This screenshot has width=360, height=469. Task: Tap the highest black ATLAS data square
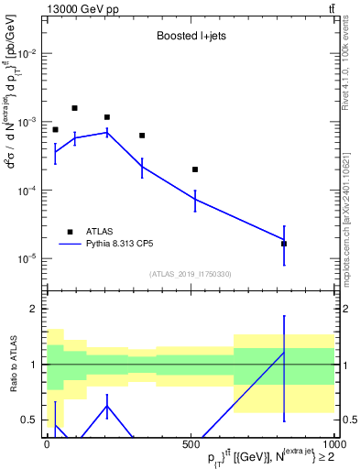click(74, 108)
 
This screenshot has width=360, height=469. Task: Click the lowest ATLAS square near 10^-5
click(284, 244)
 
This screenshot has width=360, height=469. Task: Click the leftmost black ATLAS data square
click(55, 130)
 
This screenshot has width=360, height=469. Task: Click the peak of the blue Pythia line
click(107, 132)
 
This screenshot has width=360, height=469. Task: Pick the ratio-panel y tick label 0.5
click(29, 420)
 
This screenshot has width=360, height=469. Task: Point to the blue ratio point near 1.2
click(284, 353)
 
